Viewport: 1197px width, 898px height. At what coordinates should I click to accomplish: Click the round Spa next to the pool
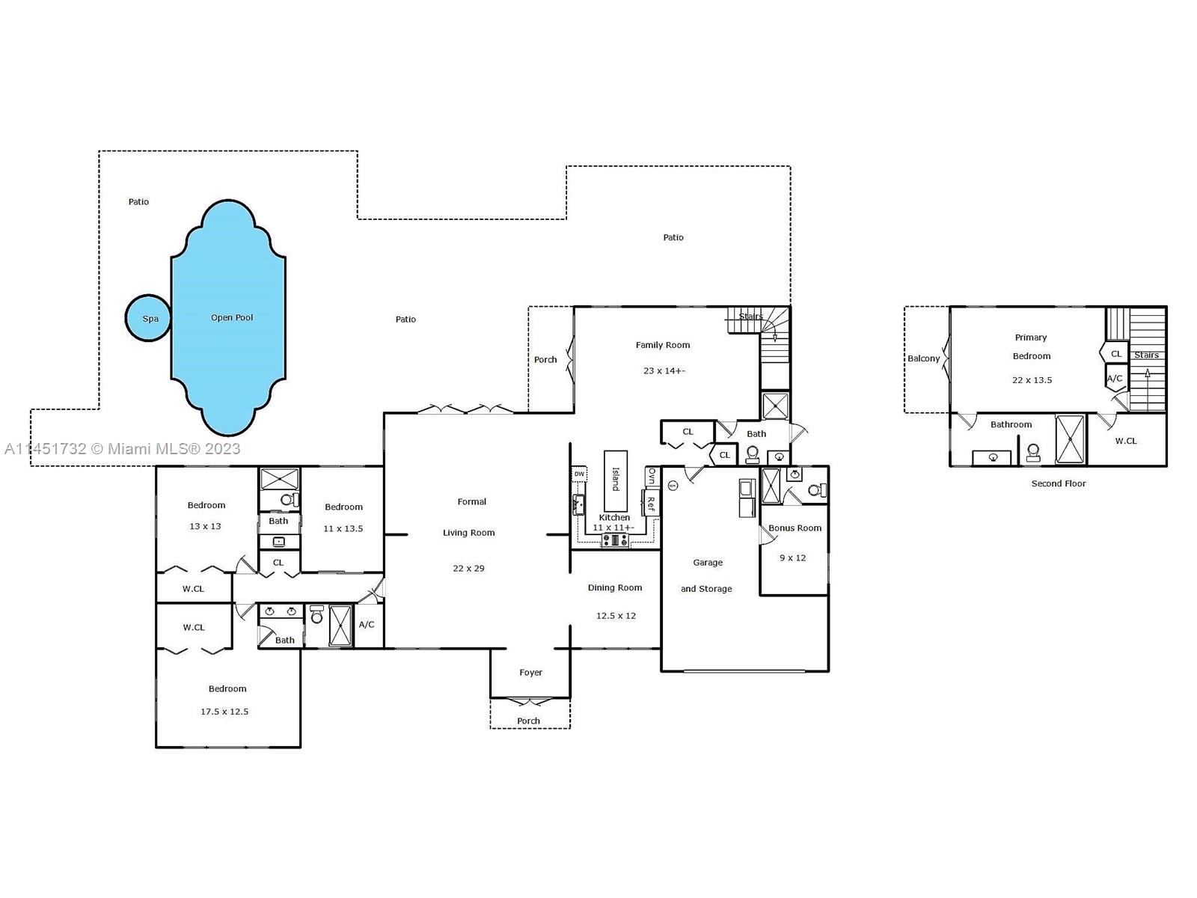150,318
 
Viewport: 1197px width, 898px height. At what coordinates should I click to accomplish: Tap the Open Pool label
232,317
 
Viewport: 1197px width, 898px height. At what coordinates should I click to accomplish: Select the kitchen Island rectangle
616,480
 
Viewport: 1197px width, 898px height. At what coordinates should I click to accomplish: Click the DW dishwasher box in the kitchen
579,474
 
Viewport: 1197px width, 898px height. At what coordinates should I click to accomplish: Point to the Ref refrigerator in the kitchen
650,503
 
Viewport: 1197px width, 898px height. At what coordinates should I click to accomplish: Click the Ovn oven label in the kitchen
652,476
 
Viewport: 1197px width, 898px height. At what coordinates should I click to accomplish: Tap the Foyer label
530,672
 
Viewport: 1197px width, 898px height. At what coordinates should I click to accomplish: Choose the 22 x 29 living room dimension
468,568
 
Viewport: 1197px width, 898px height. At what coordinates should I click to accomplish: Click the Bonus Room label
795,528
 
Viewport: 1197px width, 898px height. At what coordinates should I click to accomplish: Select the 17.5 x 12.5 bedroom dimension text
224,712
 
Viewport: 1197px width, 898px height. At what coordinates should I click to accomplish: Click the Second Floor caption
1058,483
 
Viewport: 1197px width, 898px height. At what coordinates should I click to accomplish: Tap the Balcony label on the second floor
923,358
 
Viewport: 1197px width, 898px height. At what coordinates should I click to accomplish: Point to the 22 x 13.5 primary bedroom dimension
1032,380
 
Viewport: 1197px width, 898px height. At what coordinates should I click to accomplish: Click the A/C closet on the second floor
1115,378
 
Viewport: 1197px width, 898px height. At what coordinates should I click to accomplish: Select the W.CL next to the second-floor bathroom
1126,441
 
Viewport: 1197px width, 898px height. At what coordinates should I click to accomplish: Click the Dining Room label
615,587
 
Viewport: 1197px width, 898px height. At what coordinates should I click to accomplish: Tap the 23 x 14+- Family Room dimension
664,370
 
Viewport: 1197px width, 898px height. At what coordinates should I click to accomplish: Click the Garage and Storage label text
707,575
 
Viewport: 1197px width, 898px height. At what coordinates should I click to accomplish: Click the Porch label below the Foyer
528,721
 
